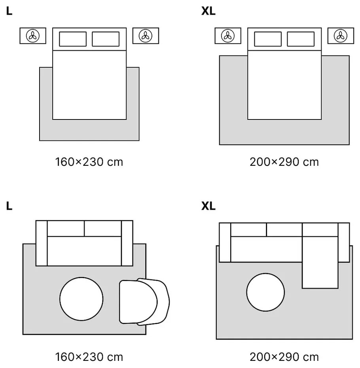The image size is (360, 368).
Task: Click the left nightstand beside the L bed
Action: [x=33, y=36]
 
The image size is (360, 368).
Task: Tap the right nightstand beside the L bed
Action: [x=146, y=36]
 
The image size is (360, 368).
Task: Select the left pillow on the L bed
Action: [x=73, y=39]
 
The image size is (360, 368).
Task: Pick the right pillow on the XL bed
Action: [x=301, y=39]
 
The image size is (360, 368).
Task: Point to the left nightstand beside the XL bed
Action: [x=228, y=36]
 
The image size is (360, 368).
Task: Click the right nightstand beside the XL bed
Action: [x=341, y=36]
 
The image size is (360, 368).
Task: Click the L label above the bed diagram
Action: [x=9, y=11]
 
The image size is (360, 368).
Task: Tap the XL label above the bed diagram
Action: [x=208, y=11]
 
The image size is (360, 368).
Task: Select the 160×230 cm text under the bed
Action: [x=89, y=162]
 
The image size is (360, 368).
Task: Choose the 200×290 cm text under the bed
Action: [x=284, y=162]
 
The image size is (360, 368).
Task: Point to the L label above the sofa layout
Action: [x=9, y=206]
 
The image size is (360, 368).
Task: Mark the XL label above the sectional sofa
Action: [x=208, y=206]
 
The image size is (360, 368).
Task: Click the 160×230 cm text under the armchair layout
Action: [x=89, y=357]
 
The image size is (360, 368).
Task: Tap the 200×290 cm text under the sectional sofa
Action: [x=284, y=357]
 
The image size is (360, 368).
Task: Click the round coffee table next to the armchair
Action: [x=81, y=299]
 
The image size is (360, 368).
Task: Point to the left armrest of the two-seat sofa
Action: [x=42, y=243]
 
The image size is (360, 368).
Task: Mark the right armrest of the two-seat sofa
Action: [x=127, y=243]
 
